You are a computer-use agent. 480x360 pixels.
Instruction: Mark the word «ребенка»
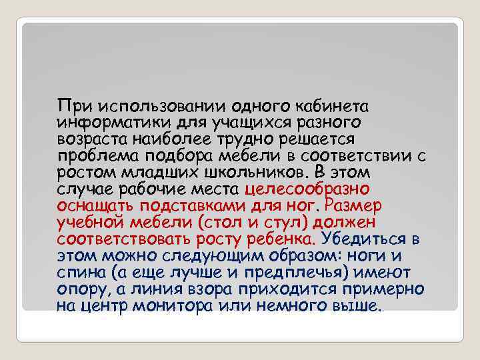pyautogui.click(x=283, y=239)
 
